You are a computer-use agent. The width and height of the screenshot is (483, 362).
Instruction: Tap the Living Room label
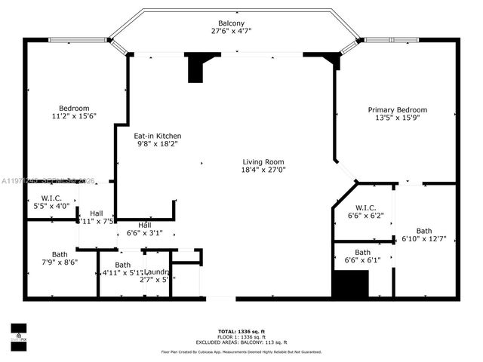263,161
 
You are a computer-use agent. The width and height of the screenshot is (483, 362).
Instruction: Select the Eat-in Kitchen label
157,136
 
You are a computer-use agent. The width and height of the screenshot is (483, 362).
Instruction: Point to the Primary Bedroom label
397,109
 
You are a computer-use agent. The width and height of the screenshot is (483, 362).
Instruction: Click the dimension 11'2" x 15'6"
74,116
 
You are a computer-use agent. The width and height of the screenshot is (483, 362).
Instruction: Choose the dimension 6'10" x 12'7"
423,239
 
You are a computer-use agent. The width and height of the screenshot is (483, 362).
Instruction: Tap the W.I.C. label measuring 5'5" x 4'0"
51,198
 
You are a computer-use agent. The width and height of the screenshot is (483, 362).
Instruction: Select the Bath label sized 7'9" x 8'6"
59,254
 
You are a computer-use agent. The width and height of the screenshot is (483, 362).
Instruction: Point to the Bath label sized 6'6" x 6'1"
362,253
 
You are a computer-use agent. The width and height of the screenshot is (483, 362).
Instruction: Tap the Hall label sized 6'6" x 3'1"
144,225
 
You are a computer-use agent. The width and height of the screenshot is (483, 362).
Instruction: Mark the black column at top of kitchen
195,68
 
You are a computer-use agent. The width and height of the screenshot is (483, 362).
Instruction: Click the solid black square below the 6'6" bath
349,284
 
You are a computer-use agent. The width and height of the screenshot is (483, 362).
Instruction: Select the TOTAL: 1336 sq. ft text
241,331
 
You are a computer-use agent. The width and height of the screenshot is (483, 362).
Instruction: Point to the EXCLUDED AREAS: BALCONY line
241,342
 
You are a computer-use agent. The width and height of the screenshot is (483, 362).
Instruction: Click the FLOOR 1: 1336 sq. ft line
241,336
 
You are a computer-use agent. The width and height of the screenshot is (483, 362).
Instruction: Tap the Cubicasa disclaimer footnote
241,351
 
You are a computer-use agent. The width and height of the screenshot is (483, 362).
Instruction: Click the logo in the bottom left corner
17,333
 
